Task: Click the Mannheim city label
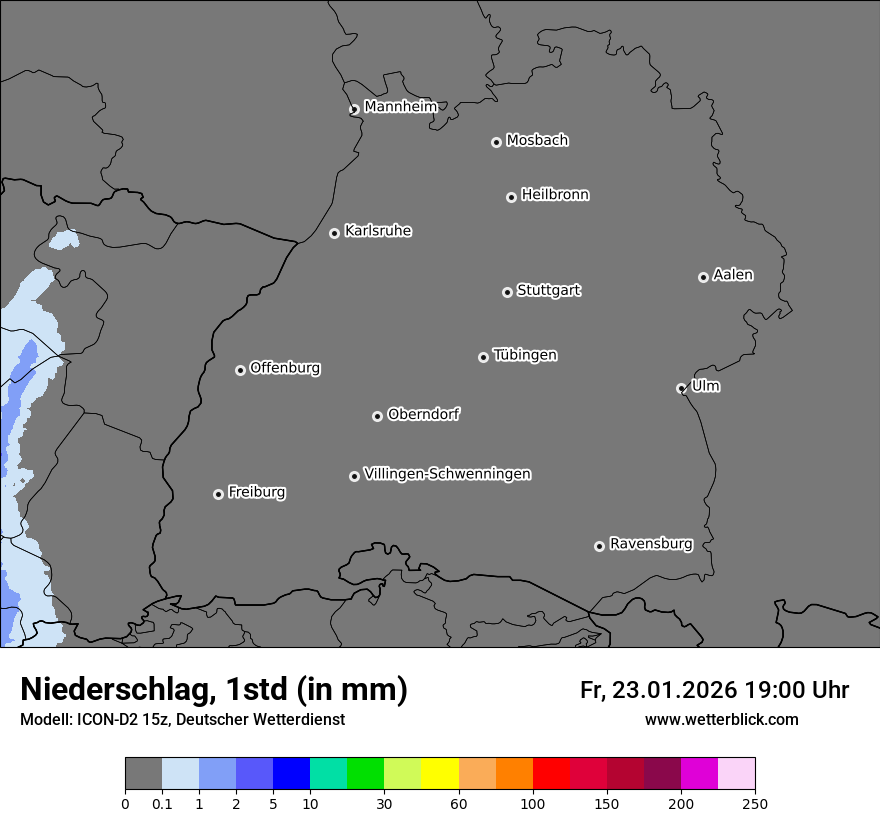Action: (x=400, y=106)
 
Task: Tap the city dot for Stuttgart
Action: (x=507, y=292)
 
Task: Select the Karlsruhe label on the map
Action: (x=378, y=231)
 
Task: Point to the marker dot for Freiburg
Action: (x=218, y=494)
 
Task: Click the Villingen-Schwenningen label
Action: (x=447, y=474)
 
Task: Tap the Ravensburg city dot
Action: (x=599, y=546)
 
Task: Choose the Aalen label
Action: (x=733, y=274)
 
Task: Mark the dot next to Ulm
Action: (x=681, y=388)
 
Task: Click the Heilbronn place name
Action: (x=555, y=194)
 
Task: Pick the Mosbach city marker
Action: (x=496, y=142)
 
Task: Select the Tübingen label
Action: (x=525, y=355)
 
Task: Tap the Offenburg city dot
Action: (x=240, y=370)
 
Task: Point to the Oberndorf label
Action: (x=424, y=414)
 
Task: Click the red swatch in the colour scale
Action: (x=551, y=774)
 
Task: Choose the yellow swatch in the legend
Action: (x=440, y=774)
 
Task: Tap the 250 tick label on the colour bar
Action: (x=755, y=803)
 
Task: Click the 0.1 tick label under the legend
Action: (x=162, y=803)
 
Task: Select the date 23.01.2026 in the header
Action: (x=671, y=690)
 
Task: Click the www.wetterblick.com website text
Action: (x=722, y=719)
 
